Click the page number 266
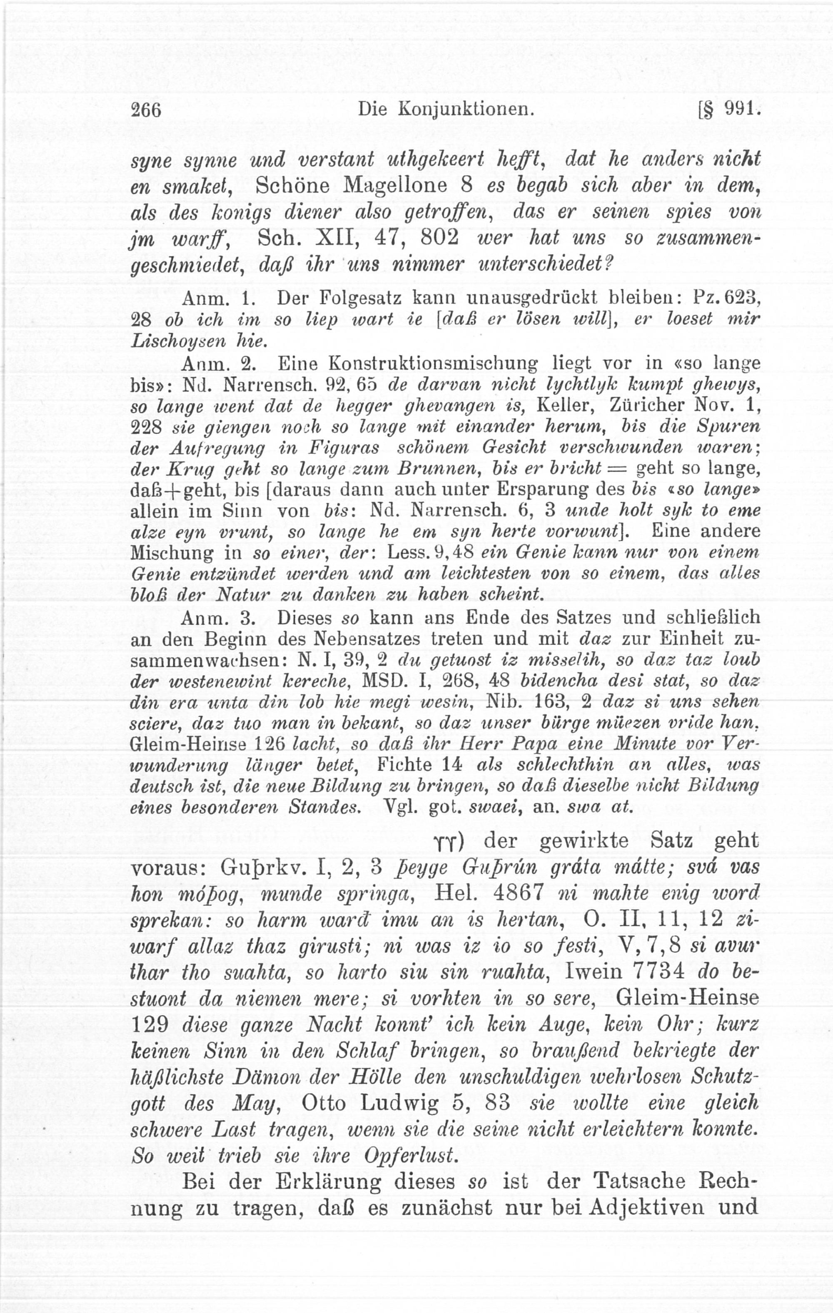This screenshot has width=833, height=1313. click(x=146, y=110)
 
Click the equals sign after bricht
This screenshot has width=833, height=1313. click(x=619, y=469)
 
